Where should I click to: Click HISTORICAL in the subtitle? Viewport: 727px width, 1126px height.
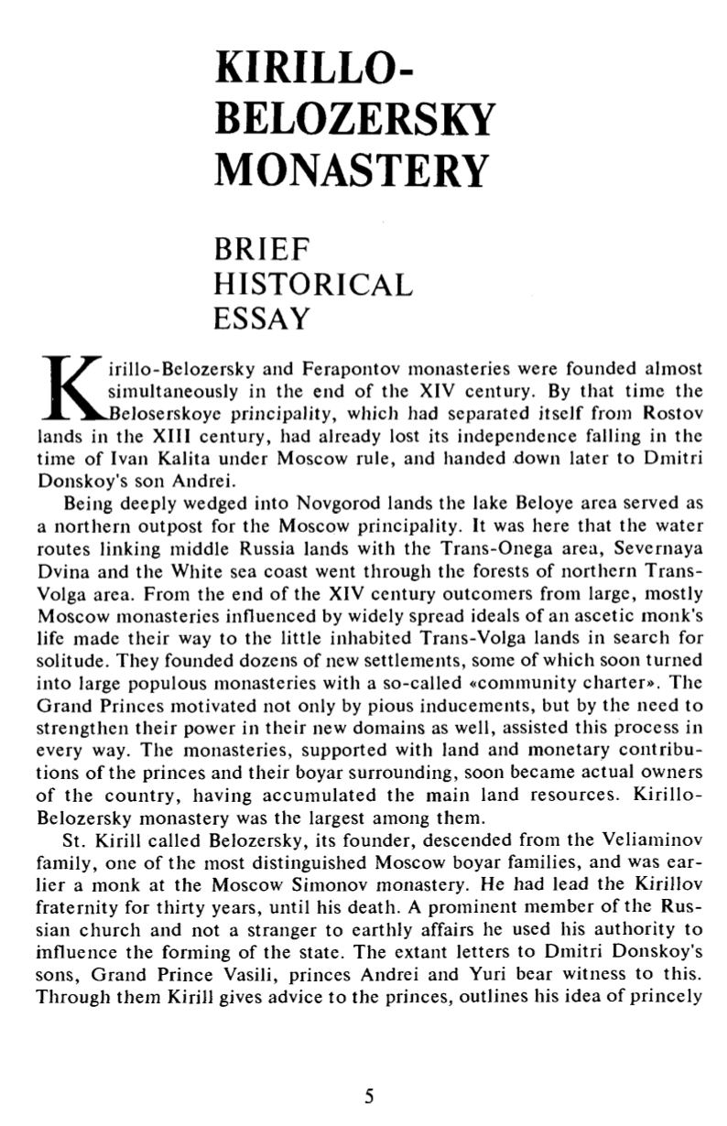pos(312,284)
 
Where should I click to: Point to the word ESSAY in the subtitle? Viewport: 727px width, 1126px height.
pos(262,319)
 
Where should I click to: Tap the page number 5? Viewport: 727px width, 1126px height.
pos(369,1096)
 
